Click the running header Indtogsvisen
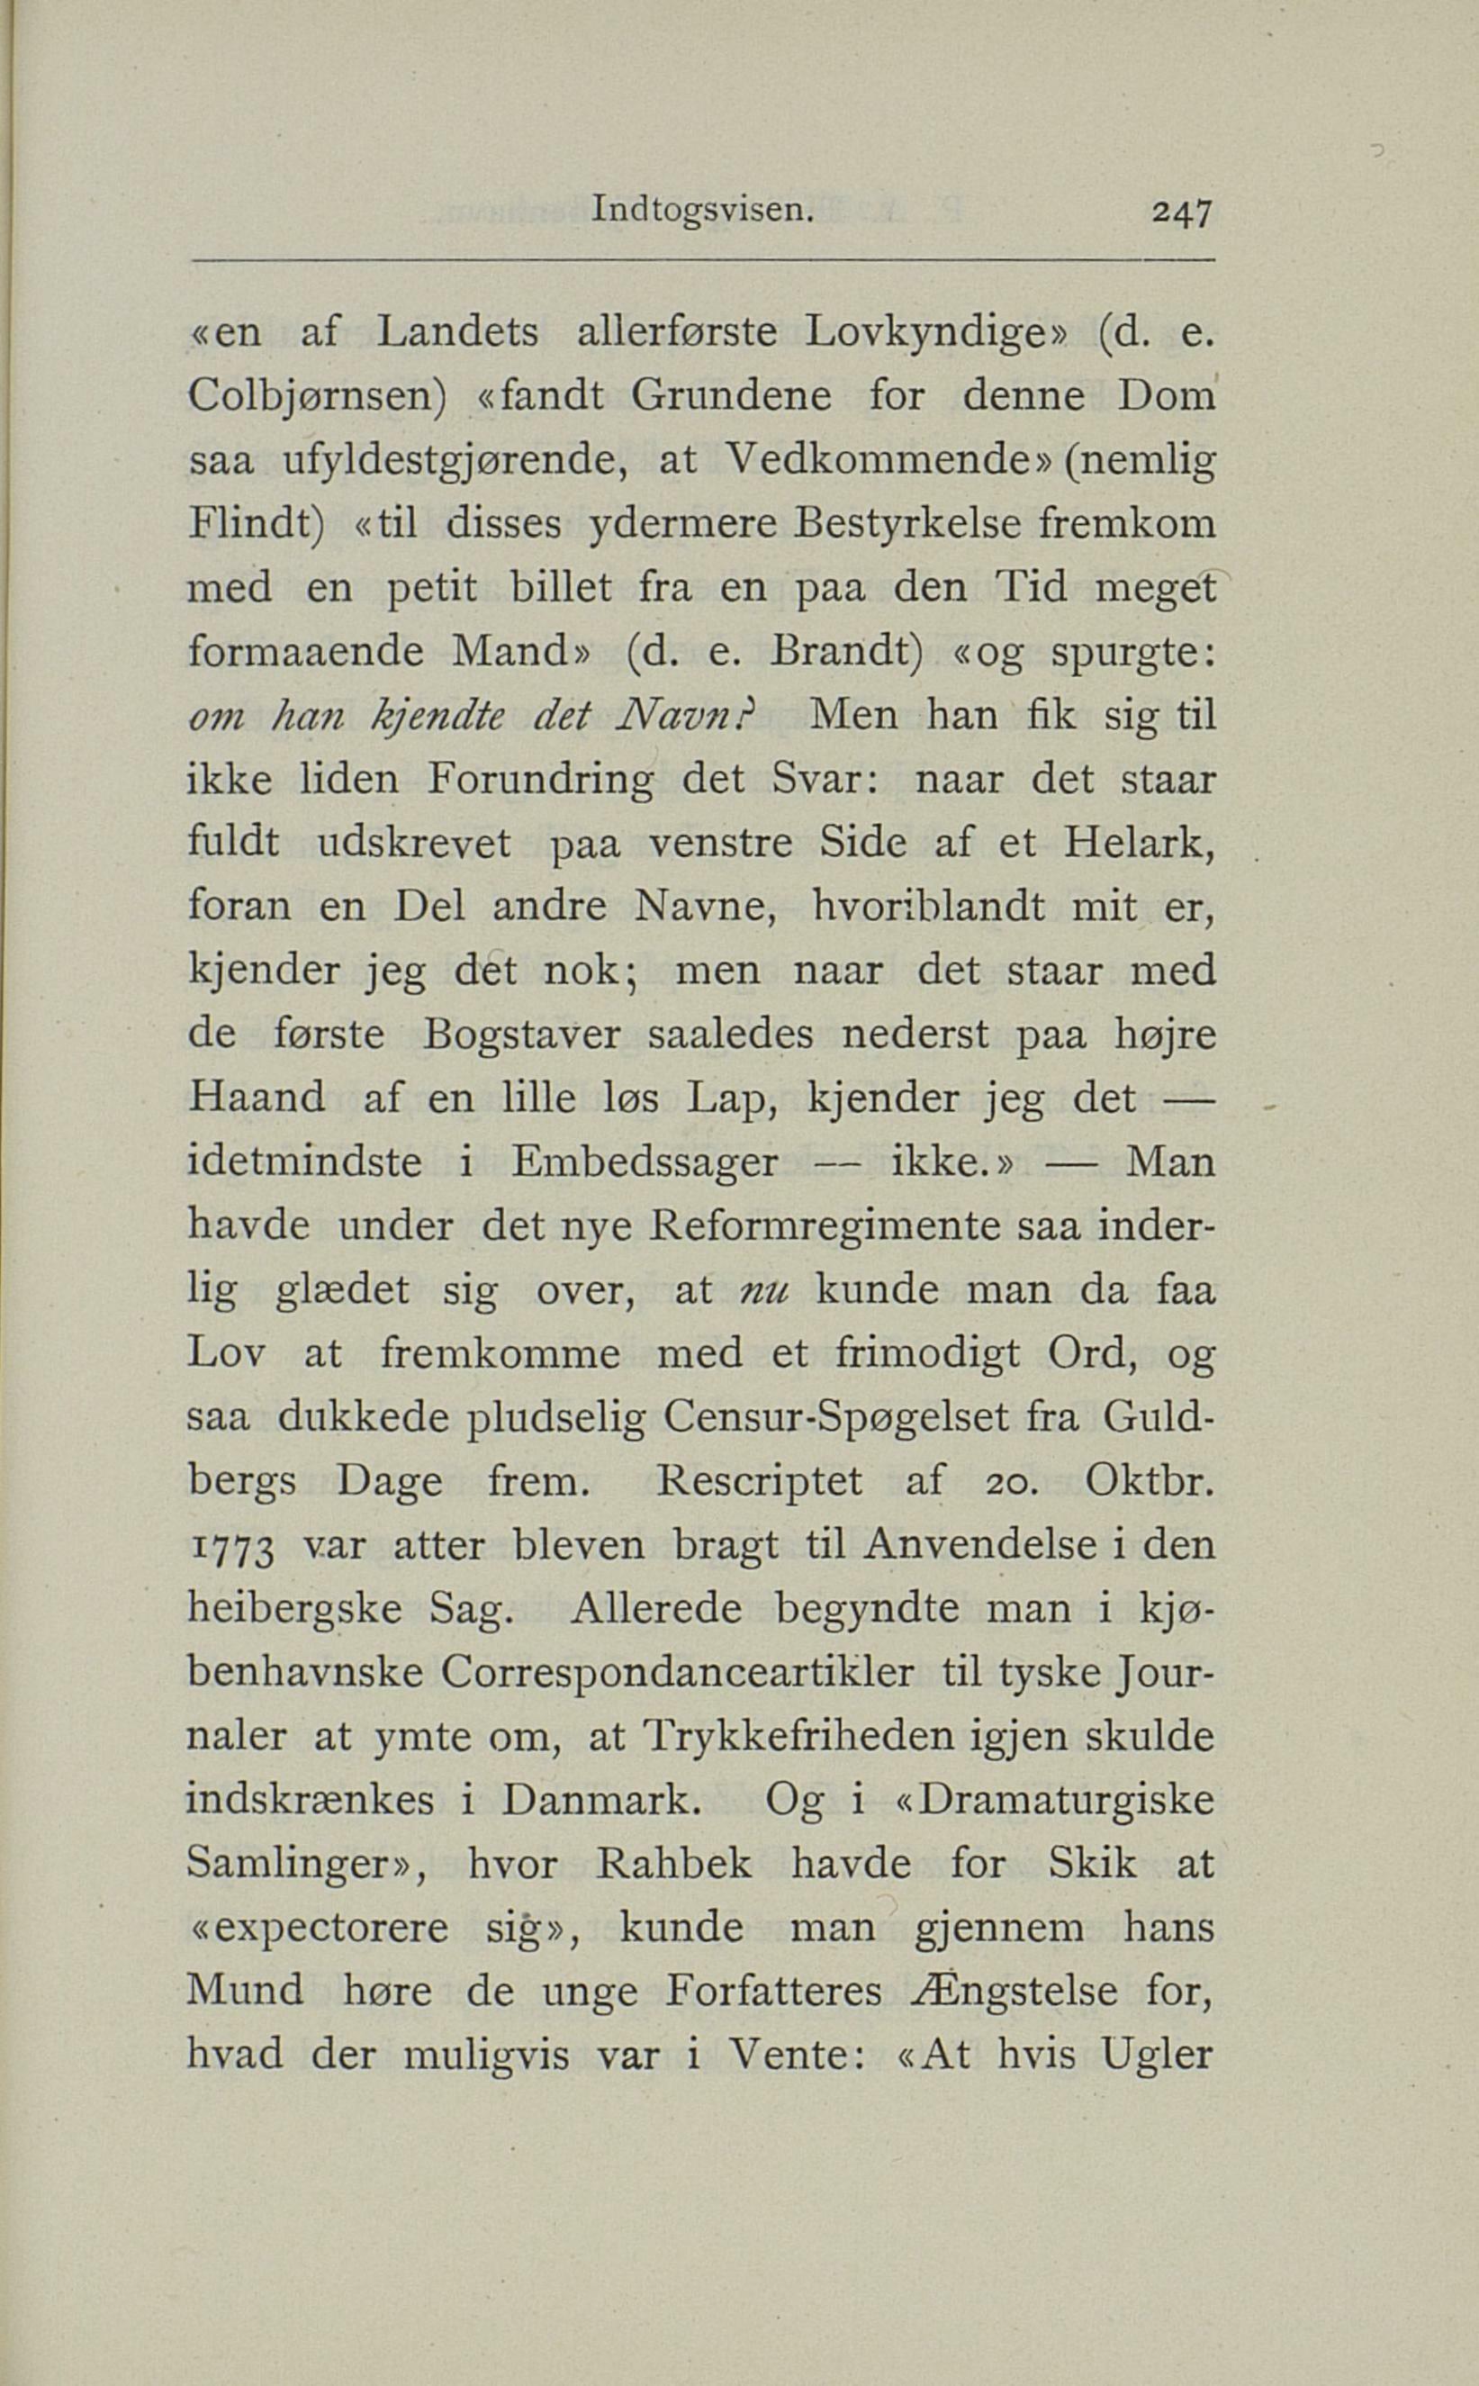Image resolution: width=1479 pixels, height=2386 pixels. (x=702, y=211)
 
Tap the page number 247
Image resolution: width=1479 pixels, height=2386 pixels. (x=1182, y=212)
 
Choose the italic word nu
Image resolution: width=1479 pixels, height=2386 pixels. (x=764, y=1291)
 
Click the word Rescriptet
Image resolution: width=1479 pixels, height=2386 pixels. (x=760, y=1481)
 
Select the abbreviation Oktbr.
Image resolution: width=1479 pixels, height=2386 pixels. (x=1149, y=1481)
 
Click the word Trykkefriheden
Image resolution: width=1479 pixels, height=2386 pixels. (x=799, y=1738)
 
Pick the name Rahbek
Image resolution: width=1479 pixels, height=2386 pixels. (x=674, y=1865)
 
